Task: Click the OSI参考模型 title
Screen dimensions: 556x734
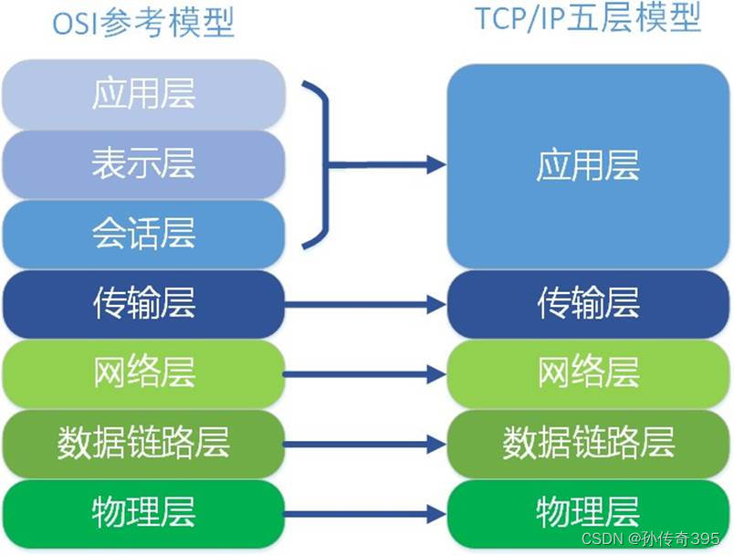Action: (144, 23)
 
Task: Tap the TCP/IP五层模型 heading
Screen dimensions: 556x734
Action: (588, 18)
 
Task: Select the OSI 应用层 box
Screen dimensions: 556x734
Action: (144, 94)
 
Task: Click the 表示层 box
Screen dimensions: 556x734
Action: (144, 164)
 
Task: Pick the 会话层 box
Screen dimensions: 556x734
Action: (144, 234)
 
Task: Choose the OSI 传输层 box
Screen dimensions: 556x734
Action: (144, 304)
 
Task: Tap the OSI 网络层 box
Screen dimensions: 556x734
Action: (144, 373)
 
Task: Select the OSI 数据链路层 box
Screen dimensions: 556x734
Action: (144, 444)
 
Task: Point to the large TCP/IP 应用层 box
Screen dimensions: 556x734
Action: (588, 166)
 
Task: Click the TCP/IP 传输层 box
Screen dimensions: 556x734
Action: (588, 304)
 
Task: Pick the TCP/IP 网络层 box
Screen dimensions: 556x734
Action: (588, 373)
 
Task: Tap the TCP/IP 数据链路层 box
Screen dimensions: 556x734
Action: (588, 444)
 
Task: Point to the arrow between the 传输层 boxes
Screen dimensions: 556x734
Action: (365, 305)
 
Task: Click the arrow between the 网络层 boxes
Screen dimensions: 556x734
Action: (365, 374)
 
